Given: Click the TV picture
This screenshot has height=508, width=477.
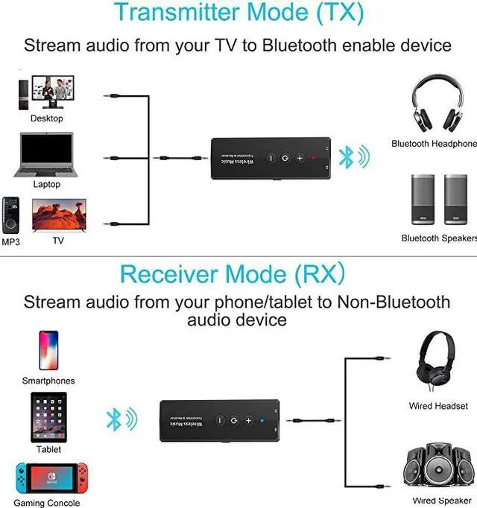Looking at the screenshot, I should [x=57, y=215].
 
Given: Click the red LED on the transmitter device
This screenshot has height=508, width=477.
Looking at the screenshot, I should [x=315, y=158].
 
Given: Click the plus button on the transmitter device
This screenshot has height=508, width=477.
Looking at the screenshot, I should [x=300, y=158].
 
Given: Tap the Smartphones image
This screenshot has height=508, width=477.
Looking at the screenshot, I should [x=48, y=350].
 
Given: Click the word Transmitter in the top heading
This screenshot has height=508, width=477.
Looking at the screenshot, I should [x=171, y=12].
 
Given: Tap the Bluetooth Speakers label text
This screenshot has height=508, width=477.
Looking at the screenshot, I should [x=438, y=238].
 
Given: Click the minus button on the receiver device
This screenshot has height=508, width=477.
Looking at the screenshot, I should [x=220, y=420].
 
